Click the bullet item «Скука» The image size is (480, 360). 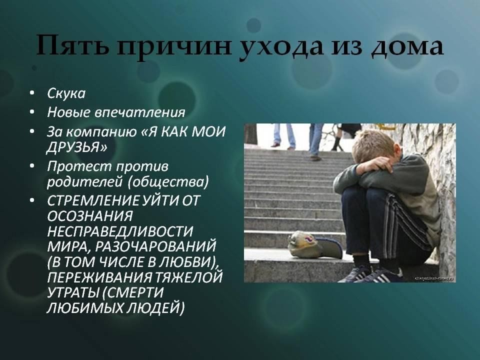[66, 93]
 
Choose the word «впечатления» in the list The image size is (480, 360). [140, 112]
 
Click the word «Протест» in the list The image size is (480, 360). [78, 166]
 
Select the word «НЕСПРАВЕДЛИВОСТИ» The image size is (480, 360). [120, 231]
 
